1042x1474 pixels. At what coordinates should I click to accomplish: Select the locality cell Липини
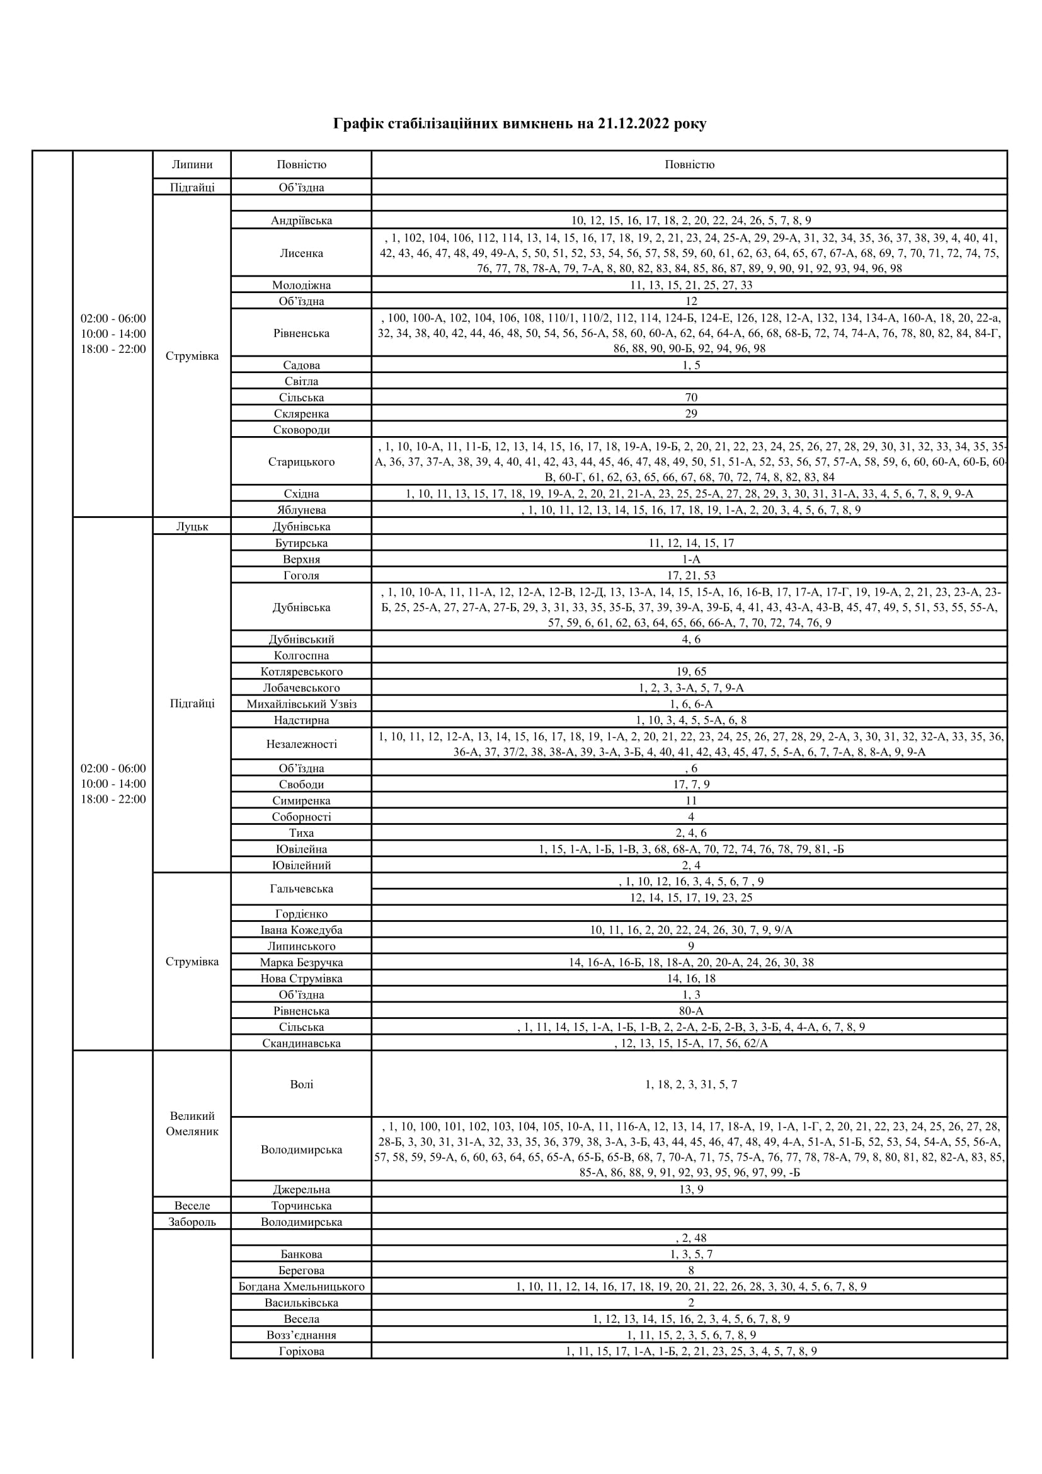point(192,164)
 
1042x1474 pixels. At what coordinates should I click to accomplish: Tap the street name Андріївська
point(301,220)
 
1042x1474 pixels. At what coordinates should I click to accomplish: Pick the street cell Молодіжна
point(301,285)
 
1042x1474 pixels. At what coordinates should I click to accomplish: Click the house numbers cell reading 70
point(690,398)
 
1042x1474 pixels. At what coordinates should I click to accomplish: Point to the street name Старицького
point(301,461)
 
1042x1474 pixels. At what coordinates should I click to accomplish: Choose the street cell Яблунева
point(301,510)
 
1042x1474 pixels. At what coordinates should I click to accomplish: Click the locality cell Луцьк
point(192,526)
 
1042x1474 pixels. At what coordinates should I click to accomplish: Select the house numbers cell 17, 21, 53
point(690,575)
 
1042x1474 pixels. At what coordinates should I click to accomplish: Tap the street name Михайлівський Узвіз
point(301,704)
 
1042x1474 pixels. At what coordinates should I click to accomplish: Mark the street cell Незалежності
point(301,744)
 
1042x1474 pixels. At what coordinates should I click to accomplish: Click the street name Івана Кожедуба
point(301,930)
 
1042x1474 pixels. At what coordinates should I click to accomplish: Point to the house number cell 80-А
point(690,1010)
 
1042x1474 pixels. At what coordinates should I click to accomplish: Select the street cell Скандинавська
point(301,1043)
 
